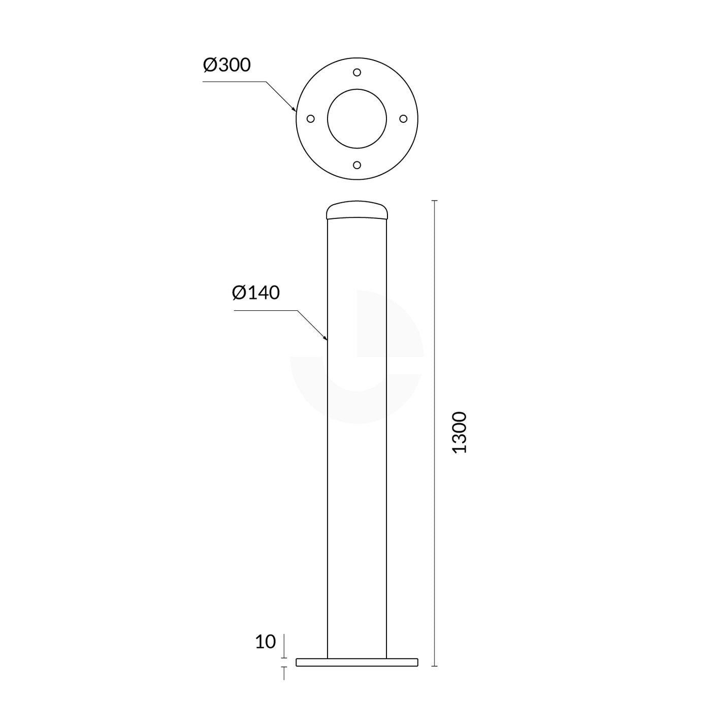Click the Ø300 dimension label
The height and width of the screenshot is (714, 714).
tap(226, 65)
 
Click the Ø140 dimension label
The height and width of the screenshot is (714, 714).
tap(256, 293)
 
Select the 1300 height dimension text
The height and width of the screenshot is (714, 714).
tap(459, 432)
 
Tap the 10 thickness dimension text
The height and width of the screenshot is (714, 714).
tap(265, 642)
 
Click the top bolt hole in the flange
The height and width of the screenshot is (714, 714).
tap(357, 72)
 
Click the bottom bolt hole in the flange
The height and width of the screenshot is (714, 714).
tap(357, 165)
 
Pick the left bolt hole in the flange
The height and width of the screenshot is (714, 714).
tap(311, 119)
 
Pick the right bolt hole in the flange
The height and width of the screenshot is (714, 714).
tap(403, 119)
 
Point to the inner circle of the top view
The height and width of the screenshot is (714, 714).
tap(357, 119)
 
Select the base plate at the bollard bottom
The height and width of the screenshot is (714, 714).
tap(357, 662)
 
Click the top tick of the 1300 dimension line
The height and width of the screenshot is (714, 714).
tap(434, 201)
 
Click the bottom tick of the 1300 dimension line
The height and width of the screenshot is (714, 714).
tap(434, 666)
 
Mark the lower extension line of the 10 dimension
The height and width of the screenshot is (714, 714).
tap(284, 673)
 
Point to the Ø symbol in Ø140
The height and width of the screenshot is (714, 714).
tap(239, 293)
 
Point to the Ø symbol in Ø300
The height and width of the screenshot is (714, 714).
tap(210, 65)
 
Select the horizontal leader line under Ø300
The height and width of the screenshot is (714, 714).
tap(234, 81)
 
